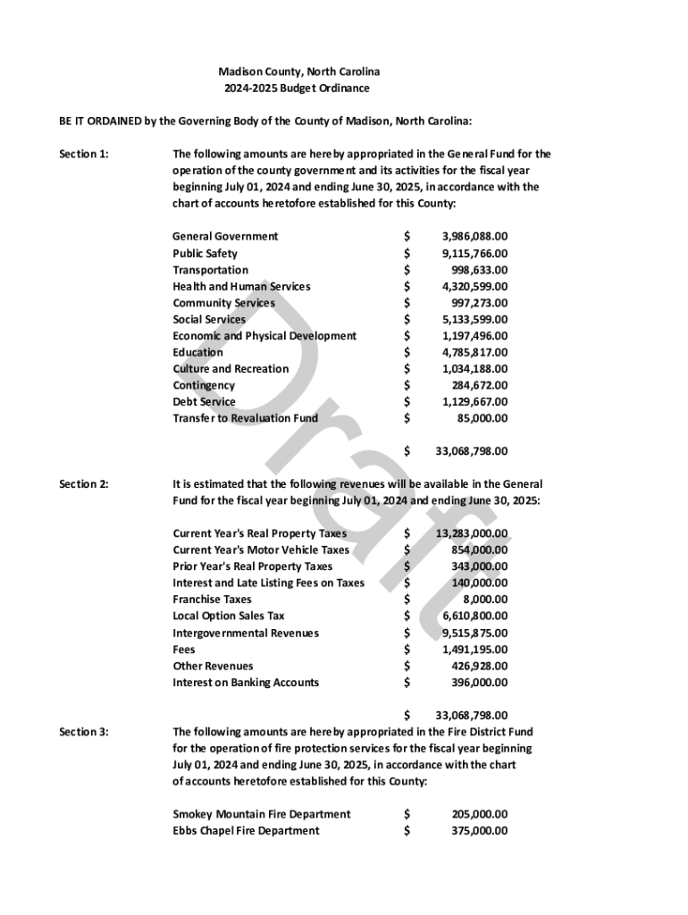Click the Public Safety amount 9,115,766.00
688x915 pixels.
pyautogui.click(x=474, y=253)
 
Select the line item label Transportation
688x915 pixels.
pyautogui.click(x=210, y=270)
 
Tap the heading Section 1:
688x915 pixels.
pyautogui.click(x=84, y=154)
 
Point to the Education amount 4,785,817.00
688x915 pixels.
pyautogui.click(x=474, y=352)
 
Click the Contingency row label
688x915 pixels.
pyautogui.click(x=204, y=385)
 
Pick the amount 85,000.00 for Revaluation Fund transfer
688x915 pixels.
pyautogui.click(x=482, y=418)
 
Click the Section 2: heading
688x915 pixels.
pyautogui.click(x=84, y=483)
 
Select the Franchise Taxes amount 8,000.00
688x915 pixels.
pyautogui.click(x=485, y=600)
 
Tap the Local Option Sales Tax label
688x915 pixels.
pyautogui.click(x=229, y=616)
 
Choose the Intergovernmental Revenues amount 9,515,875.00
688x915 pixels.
pyautogui.click(x=474, y=633)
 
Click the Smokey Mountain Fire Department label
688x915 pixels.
pyautogui.click(x=261, y=814)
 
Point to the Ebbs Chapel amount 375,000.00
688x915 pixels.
pyautogui.click(x=479, y=831)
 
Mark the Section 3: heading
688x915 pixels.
pyautogui.click(x=84, y=732)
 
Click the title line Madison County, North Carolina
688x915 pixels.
pyautogui.click(x=299, y=71)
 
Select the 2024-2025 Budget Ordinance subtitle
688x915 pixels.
pyautogui.click(x=297, y=88)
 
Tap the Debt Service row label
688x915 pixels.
pyautogui.click(x=204, y=401)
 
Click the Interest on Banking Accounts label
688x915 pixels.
pyautogui.click(x=246, y=683)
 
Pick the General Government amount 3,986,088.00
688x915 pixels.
pyautogui.click(x=474, y=237)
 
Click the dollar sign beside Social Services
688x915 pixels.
pyautogui.click(x=407, y=319)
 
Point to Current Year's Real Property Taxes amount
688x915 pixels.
pyautogui.click(x=472, y=533)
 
